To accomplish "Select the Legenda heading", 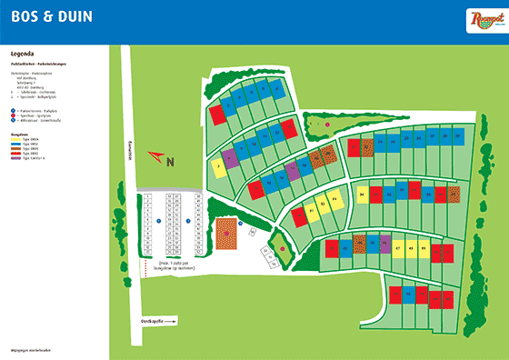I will (x=22, y=54).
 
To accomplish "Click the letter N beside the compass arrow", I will (x=170, y=161).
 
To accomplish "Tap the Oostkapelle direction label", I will (x=149, y=320).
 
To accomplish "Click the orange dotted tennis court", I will (x=225, y=235).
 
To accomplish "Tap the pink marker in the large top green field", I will (x=327, y=123).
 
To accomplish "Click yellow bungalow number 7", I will (x=218, y=166).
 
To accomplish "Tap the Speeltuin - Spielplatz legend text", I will (x=35, y=115).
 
